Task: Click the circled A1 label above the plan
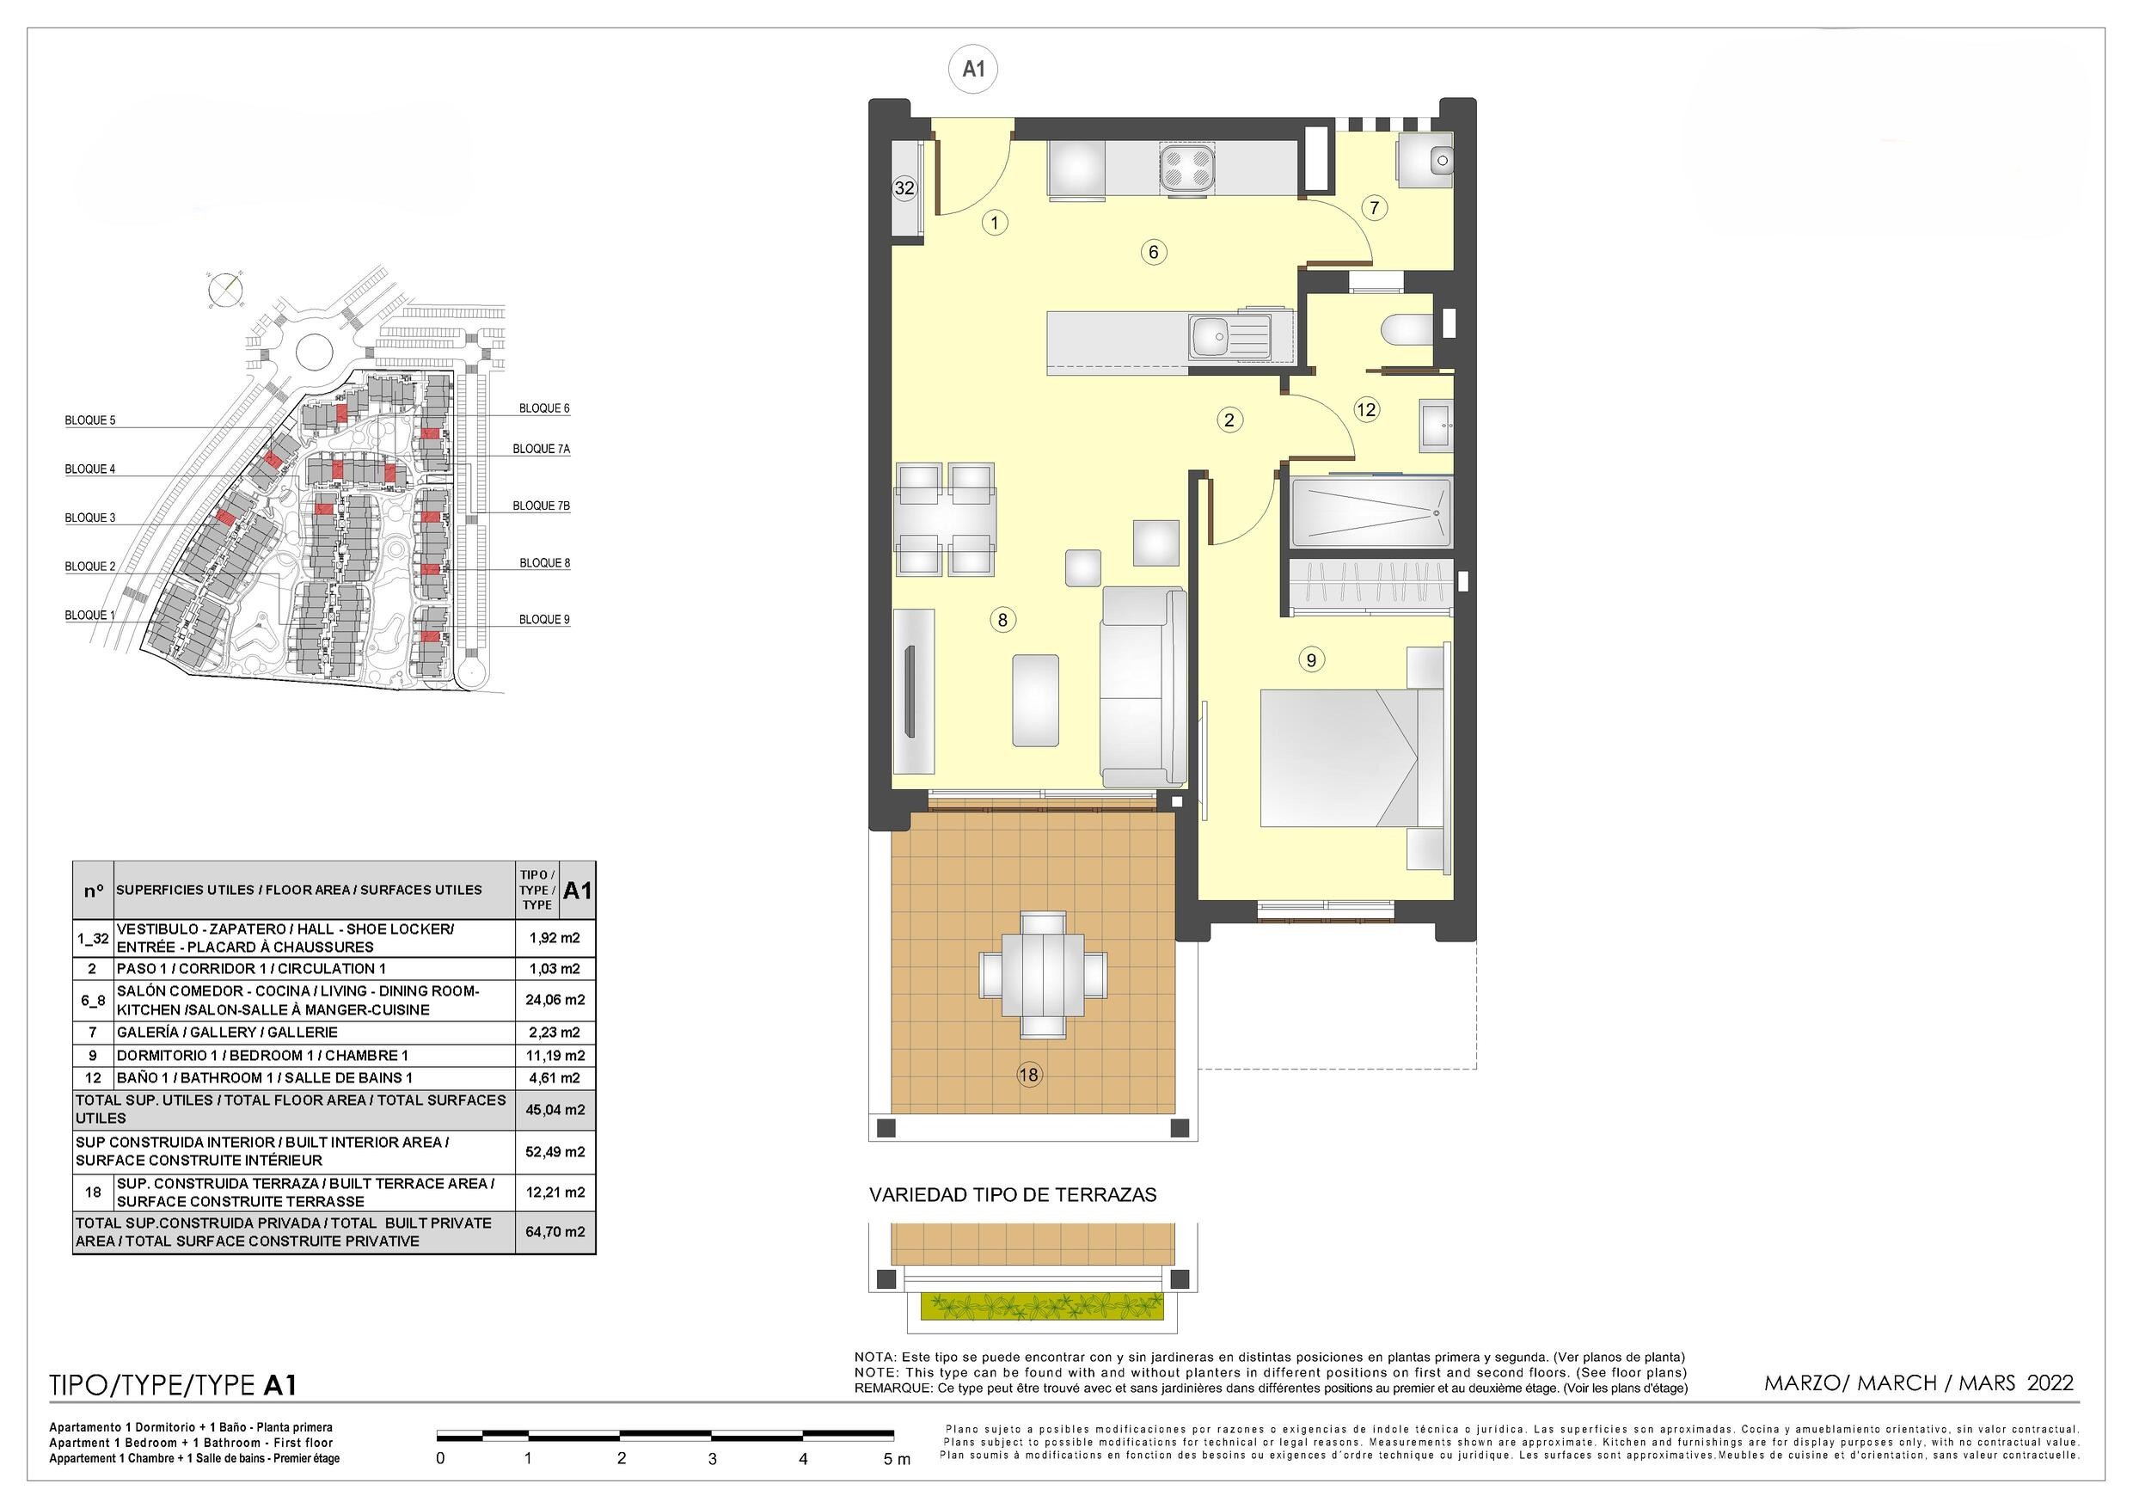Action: [x=972, y=69]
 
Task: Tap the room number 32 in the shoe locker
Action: [x=904, y=187]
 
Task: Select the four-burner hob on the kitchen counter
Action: [x=1186, y=169]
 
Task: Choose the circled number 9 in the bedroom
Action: [x=1311, y=659]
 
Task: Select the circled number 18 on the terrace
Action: [x=1028, y=1075]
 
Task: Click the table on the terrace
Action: [x=1042, y=975]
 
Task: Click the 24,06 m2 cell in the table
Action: [x=555, y=1001]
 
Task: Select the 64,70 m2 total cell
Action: [x=555, y=1232]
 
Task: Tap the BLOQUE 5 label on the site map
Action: [x=90, y=420]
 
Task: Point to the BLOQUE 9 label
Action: [x=544, y=619]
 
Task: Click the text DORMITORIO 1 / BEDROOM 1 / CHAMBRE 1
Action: [x=262, y=1056]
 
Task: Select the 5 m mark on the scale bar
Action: [x=896, y=1460]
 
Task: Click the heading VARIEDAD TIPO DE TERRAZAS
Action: [x=1013, y=1195]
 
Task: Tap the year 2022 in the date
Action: [x=2050, y=1382]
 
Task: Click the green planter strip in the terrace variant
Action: [x=1041, y=1306]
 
